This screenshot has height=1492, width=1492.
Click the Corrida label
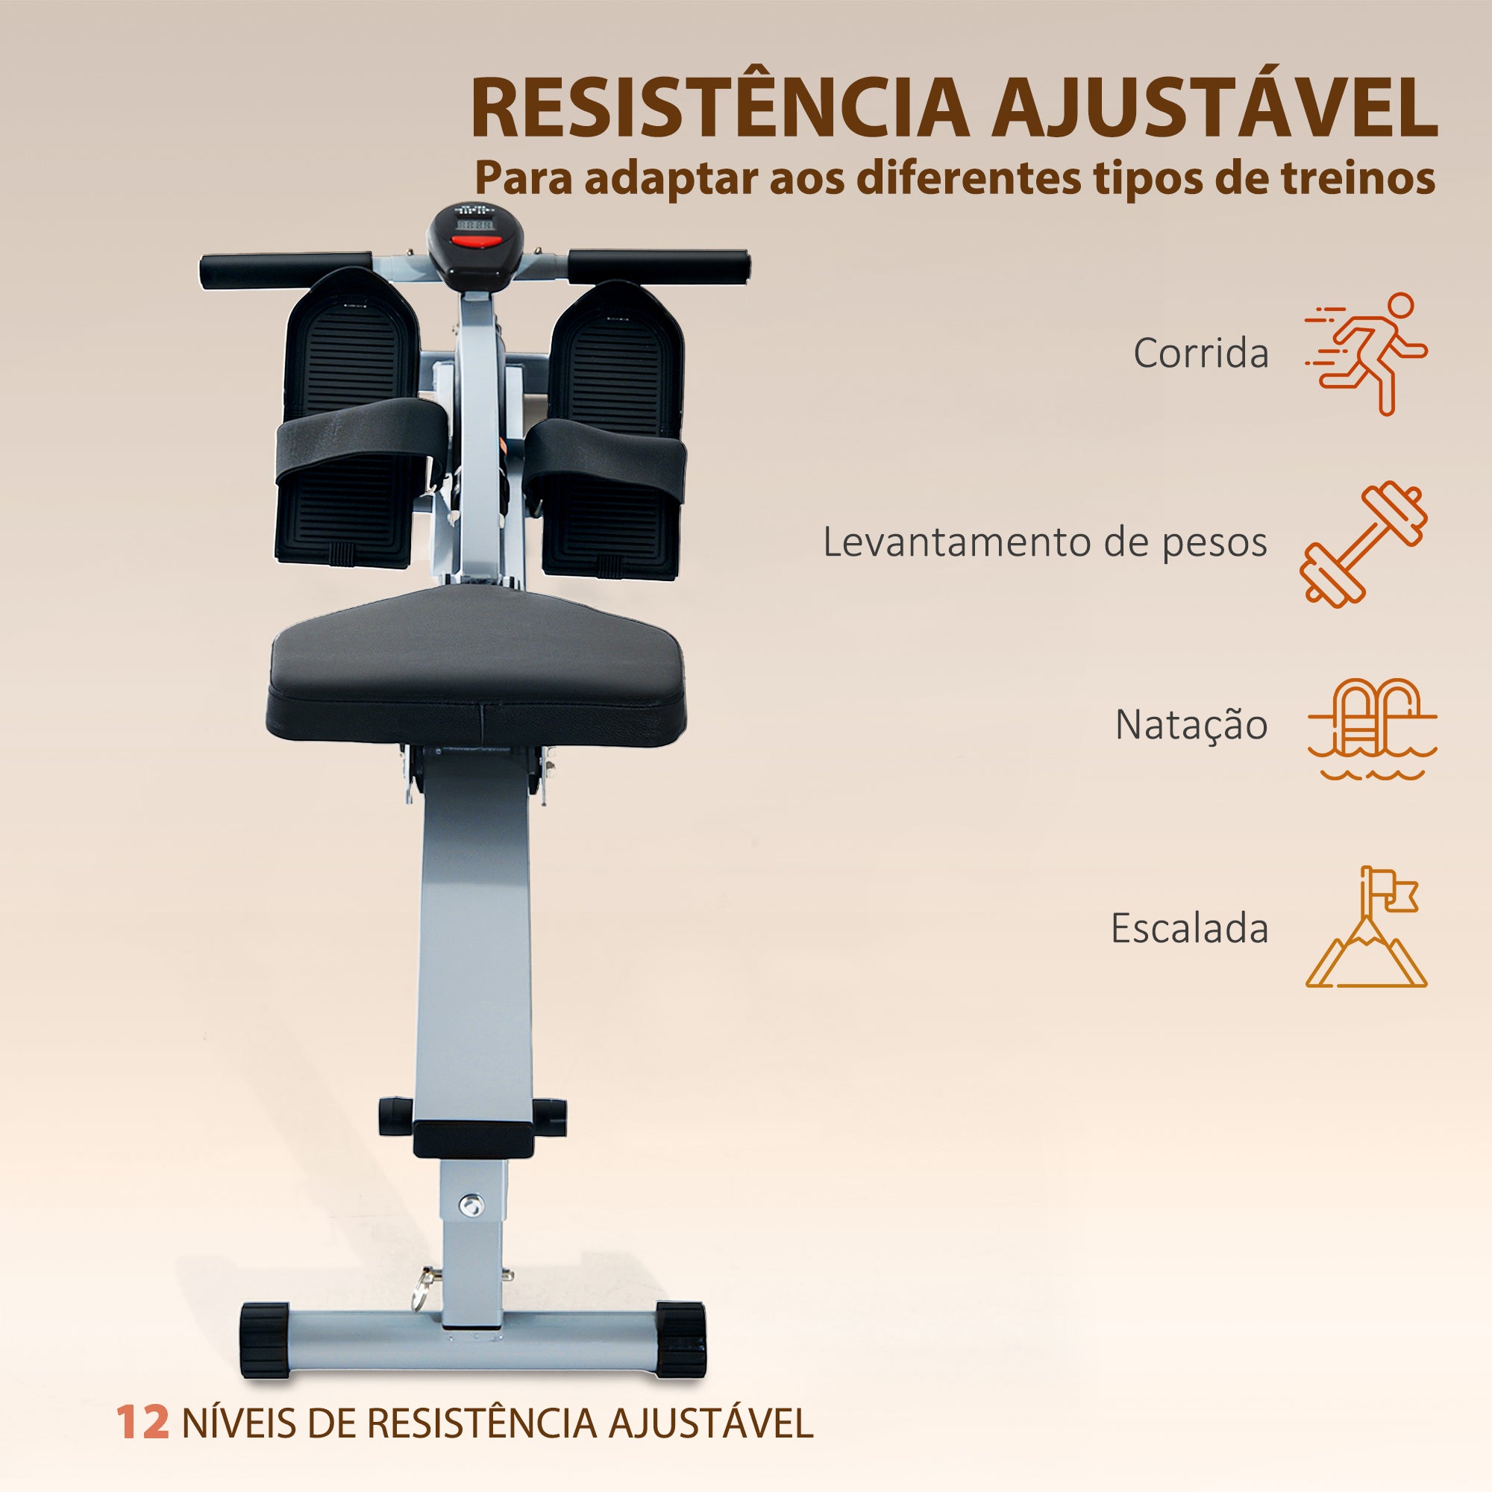[1201, 354]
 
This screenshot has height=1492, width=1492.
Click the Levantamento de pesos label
[1045, 542]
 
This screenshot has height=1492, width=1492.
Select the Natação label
[1191, 725]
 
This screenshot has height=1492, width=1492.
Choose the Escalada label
[1189, 928]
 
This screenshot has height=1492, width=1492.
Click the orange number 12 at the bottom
[143, 1423]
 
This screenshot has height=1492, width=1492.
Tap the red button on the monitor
[476, 241]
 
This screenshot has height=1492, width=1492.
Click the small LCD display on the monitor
[474, 224]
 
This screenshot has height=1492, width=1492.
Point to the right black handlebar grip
[659, 265]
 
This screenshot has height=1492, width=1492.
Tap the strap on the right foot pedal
[606, 457]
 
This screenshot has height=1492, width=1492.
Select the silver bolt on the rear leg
[470, 1204]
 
